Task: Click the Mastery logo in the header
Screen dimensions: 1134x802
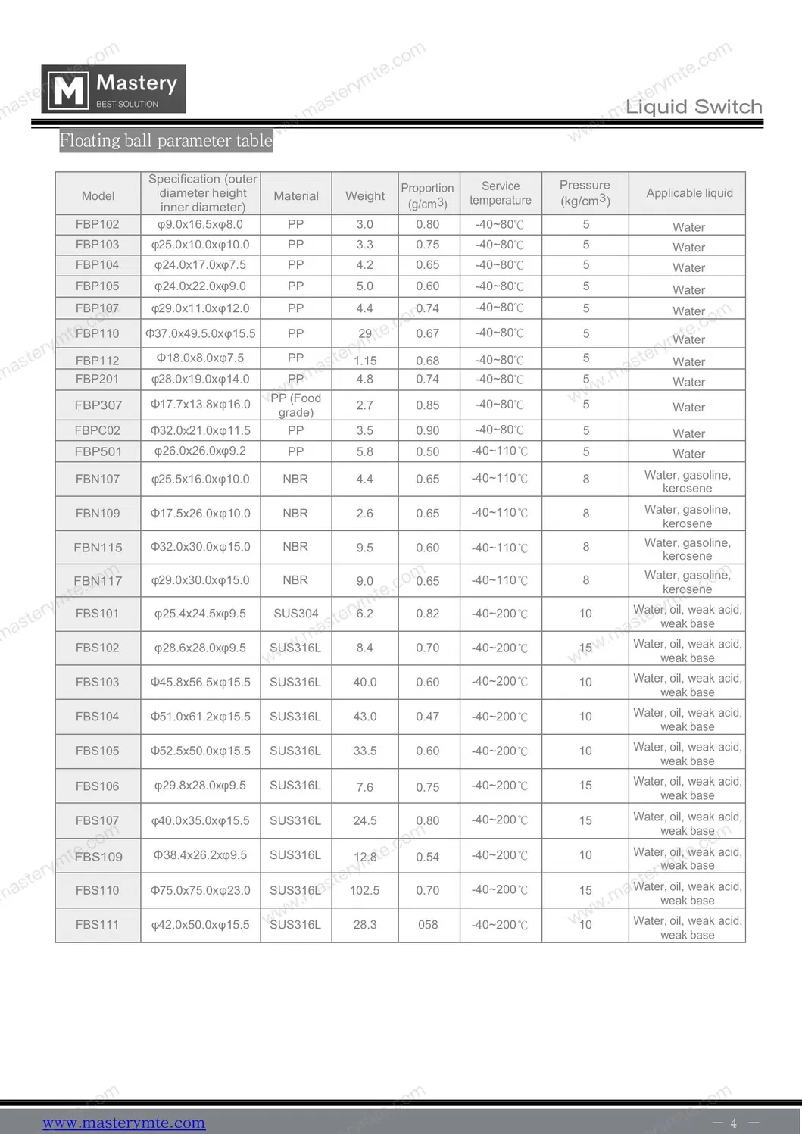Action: point(113,89)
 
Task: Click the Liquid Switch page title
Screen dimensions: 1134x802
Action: point(694,107)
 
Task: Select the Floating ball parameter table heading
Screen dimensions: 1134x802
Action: point(166,141)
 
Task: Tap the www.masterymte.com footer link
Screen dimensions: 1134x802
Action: point(123,1123)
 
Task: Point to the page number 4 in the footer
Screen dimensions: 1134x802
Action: point(733,1123)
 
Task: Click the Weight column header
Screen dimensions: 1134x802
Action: point(365,195)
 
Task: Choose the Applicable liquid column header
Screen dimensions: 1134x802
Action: point(689,193)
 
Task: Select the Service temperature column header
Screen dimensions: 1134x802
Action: point(501,193)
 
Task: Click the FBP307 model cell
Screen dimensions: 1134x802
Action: point(98,405)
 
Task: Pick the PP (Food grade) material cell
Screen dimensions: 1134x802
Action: point(295,405)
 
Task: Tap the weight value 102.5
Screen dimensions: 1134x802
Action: point(365,890)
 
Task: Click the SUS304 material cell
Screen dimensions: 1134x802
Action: point(295,614)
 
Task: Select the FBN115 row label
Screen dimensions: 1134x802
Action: point(98,548)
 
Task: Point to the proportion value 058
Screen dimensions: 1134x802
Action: point(428,925)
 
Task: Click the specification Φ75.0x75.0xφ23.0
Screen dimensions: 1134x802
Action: point(200,890)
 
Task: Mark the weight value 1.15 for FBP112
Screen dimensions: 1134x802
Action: point(365,361)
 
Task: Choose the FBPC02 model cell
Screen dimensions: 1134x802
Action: point(98,430)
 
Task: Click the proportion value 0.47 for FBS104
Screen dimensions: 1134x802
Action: point(428,717)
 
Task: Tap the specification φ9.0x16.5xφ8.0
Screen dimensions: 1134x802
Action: point(200,224)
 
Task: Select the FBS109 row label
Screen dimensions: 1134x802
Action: point(98,857)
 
